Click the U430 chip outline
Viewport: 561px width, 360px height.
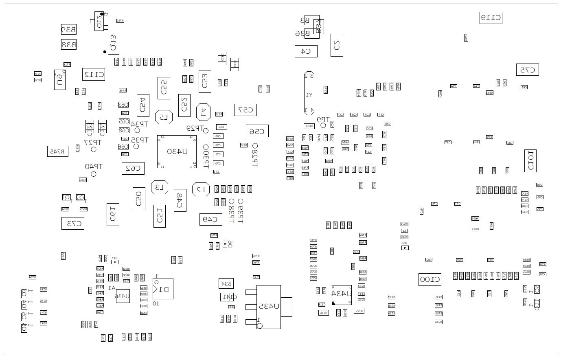pos(177,152)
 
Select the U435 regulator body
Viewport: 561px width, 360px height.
pos(268,307)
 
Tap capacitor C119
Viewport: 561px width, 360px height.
pos(491,18)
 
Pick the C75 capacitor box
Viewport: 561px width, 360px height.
pos(527,70)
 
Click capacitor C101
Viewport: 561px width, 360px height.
pos(530,161)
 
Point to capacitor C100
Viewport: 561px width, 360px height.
pos(430,279)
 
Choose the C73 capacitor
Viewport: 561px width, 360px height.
pos(73,223)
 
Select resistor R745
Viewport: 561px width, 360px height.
pos(58,151)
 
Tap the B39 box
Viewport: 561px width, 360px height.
pos(68,29)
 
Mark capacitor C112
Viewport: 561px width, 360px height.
pos(94,74)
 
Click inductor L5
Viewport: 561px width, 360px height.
pos(164,117)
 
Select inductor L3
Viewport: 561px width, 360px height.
pos(160,187)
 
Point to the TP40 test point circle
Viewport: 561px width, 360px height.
pos(94,174)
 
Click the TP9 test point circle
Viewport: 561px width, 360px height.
pos(323,125)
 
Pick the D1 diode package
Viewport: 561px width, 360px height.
pos(163,289)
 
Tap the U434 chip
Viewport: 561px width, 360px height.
pos(342,294)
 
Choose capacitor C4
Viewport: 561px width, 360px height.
pos(306,51)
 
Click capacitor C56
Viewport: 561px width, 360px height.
pos(257,131)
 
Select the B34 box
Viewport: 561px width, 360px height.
pos(226,283)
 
